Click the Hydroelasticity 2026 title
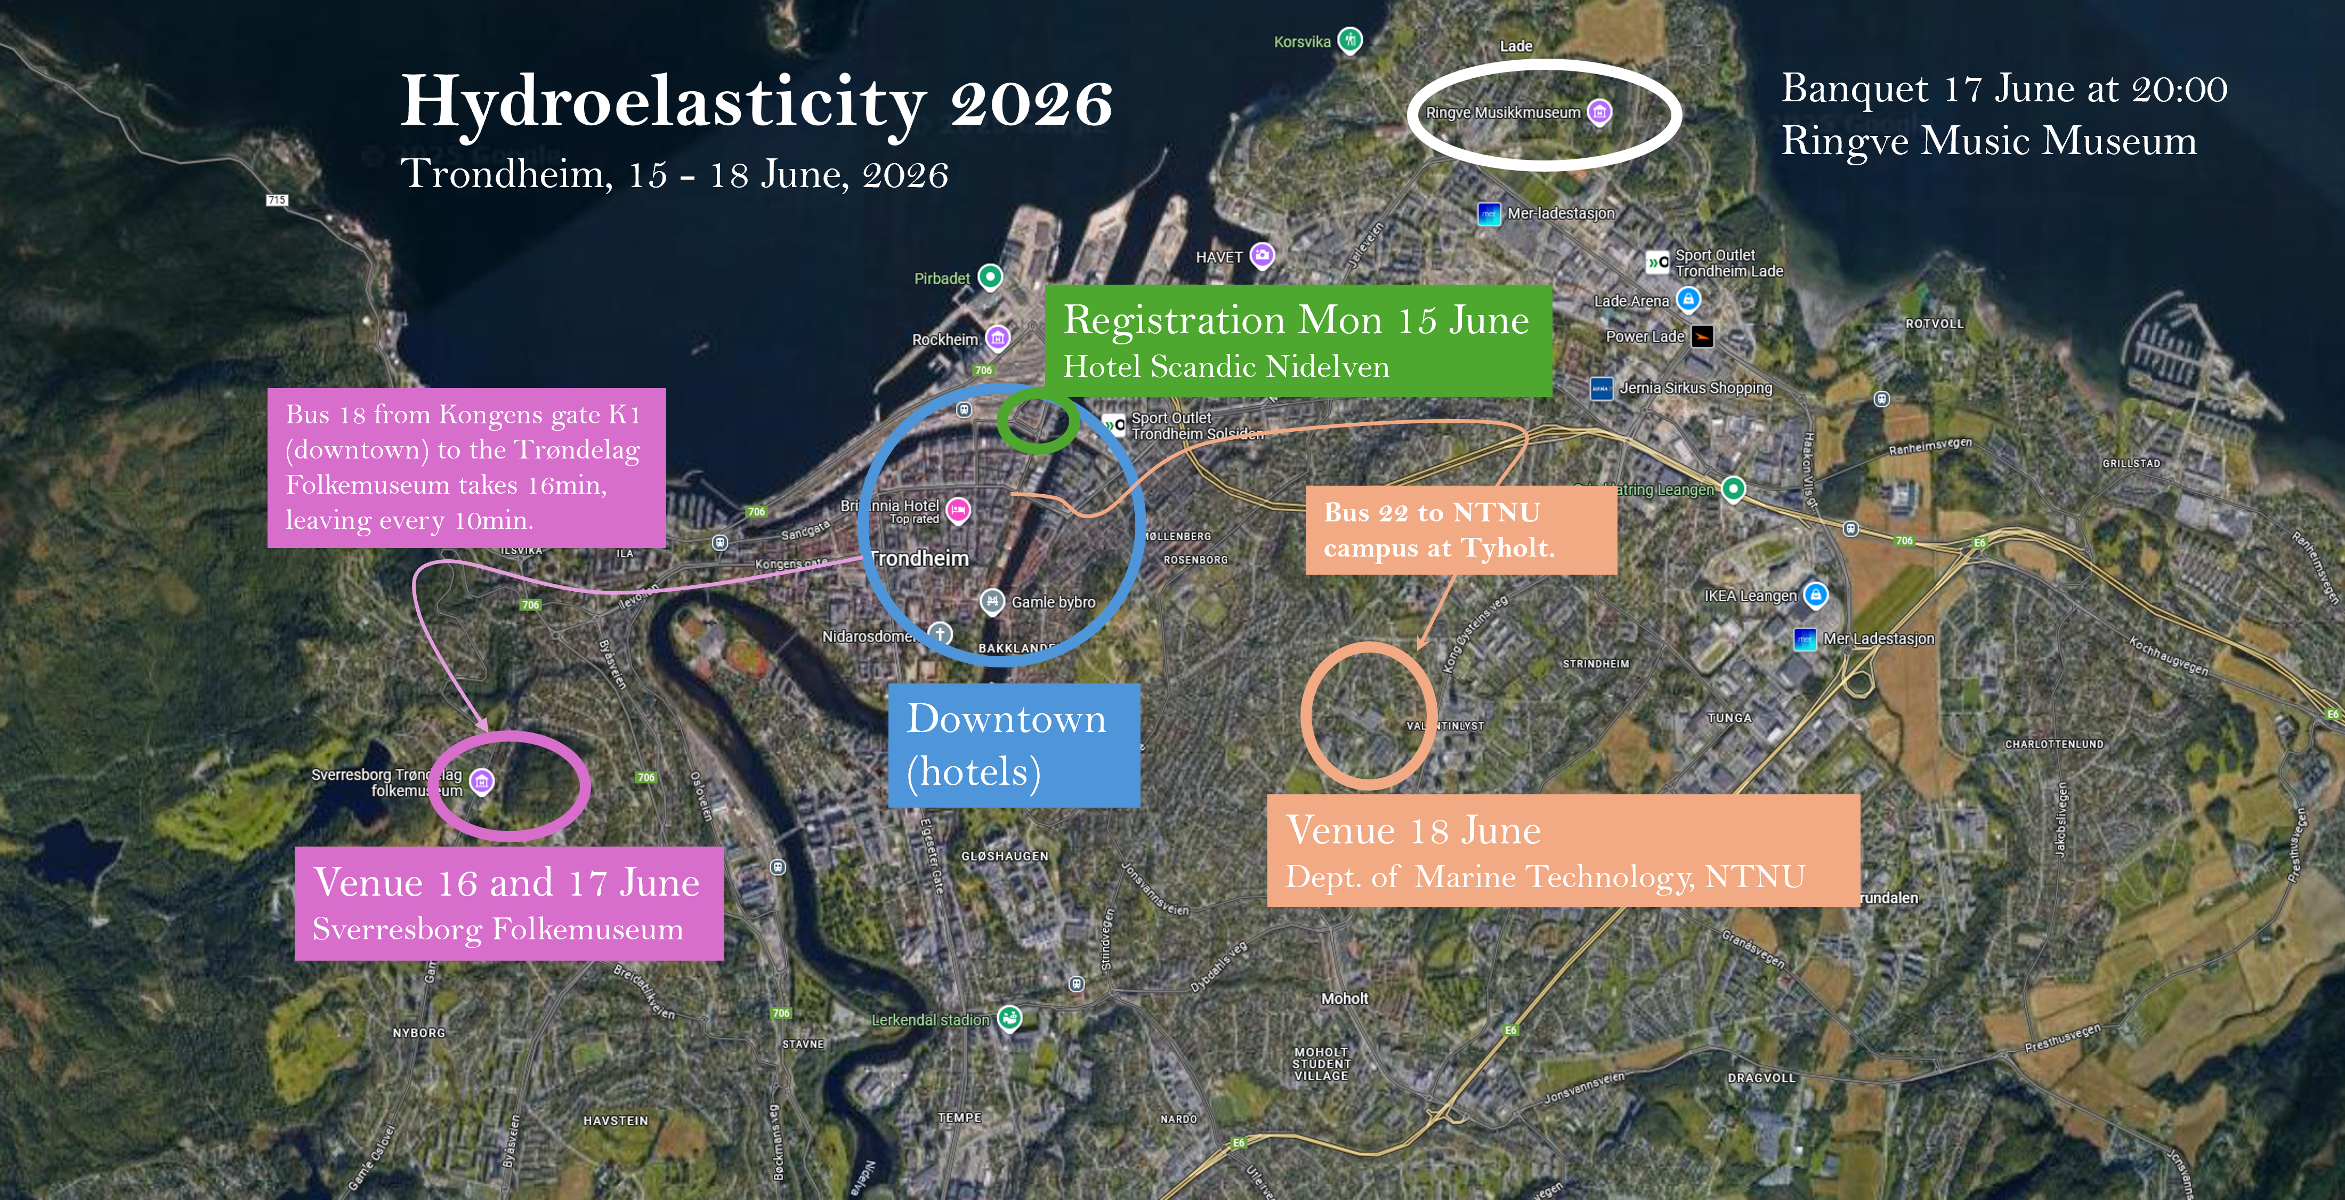756,102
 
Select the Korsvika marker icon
1350,40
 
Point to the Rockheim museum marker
998,338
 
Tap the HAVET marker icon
1262,255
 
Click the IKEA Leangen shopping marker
1815,594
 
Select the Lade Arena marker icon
1688,299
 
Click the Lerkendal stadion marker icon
1009,1018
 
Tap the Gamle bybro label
1053,602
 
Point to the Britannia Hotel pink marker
958,511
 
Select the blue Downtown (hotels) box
1013,745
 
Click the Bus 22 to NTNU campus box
1460,530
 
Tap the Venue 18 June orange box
1562,849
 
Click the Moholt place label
1345,999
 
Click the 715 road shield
277,199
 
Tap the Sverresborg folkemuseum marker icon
482,781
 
